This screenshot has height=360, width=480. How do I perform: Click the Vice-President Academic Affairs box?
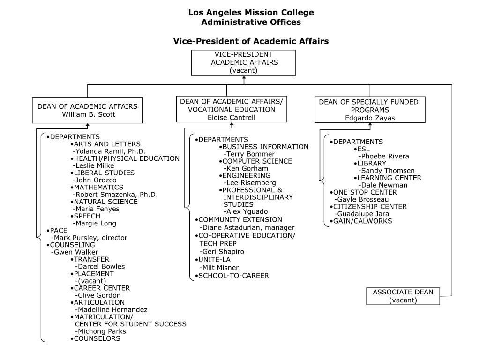click(x=244, y=62)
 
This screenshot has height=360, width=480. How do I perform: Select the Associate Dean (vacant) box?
click(x=403, y=296)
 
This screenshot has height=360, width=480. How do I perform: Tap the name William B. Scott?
click(x=88, y=114)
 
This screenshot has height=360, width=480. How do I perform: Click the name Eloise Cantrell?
click(x=232, y=117)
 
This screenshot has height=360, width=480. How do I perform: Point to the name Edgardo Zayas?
click(x=370, y=118)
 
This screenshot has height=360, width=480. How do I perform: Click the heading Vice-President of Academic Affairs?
click(x=251, y=41)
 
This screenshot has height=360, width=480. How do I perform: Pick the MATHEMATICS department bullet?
click(x=97, y=187)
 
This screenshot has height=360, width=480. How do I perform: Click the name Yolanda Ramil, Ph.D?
click(x=110, y=151)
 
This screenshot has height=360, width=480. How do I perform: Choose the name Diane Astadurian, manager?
click(x=247, y=227)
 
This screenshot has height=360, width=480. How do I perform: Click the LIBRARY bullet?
click(x=370, y=164)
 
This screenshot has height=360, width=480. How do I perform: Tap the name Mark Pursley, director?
click(x=89, y=238)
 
